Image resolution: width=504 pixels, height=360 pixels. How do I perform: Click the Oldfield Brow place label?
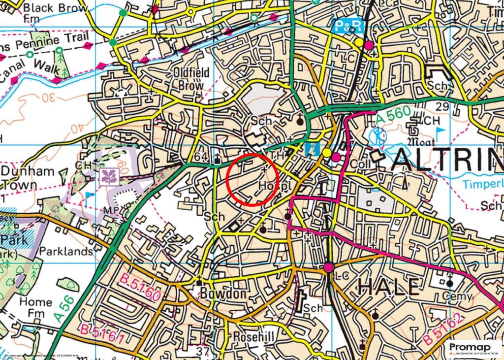coord(190,79)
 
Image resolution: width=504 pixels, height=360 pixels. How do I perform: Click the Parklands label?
coord(66,251)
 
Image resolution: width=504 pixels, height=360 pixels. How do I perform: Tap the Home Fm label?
coord(35,307)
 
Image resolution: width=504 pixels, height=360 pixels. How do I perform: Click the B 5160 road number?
coord(140,288)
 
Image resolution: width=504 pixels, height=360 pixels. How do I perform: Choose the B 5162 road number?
coord(443,328)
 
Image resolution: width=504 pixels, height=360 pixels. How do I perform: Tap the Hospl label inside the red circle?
coord(271,185)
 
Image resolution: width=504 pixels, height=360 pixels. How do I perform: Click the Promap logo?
coord(474,348)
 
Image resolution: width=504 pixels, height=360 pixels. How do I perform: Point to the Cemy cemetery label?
coord(457,296)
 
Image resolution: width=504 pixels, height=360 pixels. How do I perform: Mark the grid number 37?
coord(202,351)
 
